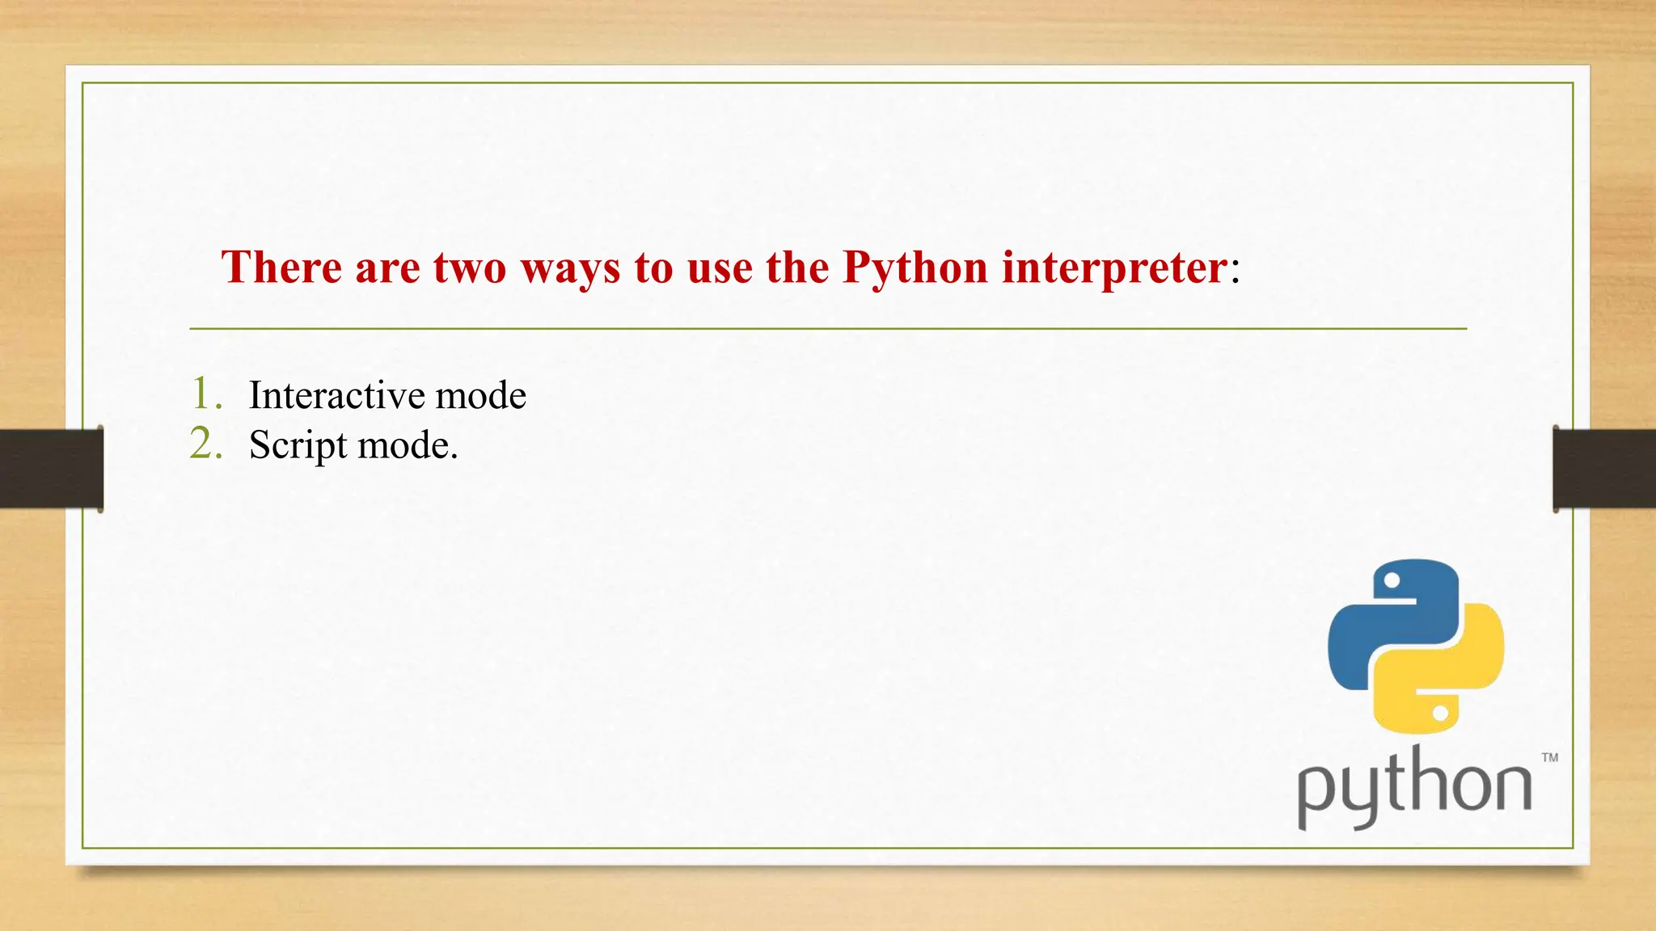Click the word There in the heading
(x=281, y=267)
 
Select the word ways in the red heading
(x=571, y=268)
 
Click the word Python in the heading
(x=915, y=268)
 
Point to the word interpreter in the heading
(x=1115, y=268)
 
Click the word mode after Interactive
(x=481, y=395)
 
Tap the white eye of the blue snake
(x=1392, y=580)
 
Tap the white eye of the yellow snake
(x=1440, y=714)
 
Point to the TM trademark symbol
(x=1549, y=757)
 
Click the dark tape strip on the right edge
(x=1604, y=469)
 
